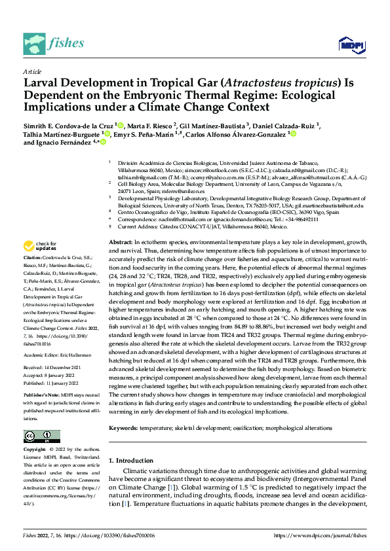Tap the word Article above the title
(31, 71)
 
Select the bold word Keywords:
(125, 427)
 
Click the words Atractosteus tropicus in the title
(275, 83)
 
